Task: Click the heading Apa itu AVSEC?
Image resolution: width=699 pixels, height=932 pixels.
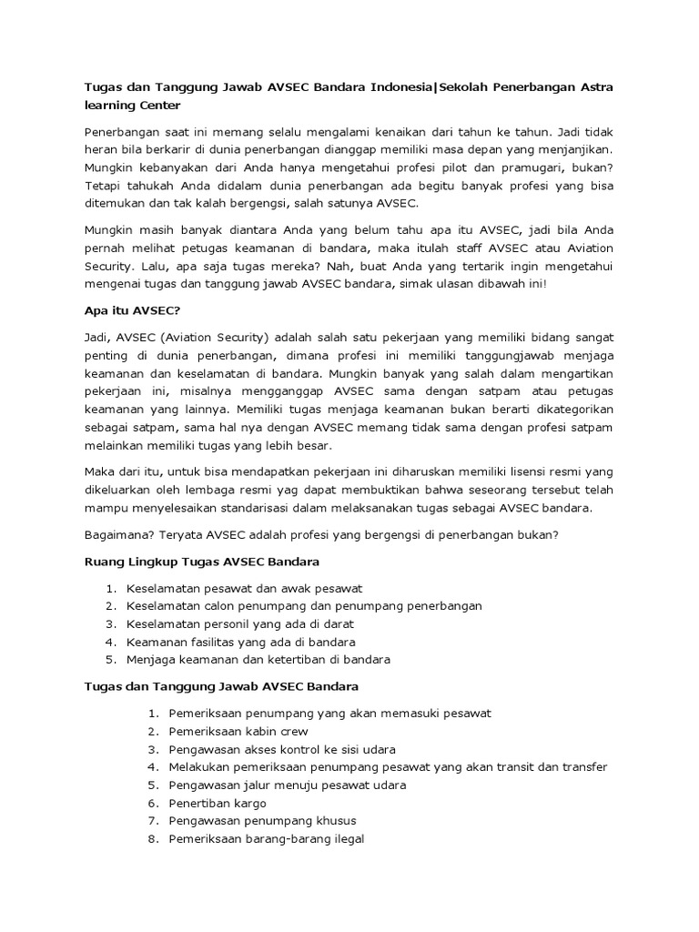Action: (x=127, y=309)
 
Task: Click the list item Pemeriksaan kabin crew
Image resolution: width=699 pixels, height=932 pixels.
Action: (x=238, y=731)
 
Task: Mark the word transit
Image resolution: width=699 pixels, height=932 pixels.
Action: (x=512, y=766)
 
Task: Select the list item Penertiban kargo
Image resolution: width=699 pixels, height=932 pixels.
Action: (x=217, y=803)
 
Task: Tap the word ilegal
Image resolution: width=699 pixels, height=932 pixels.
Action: (x=346, y=839)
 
